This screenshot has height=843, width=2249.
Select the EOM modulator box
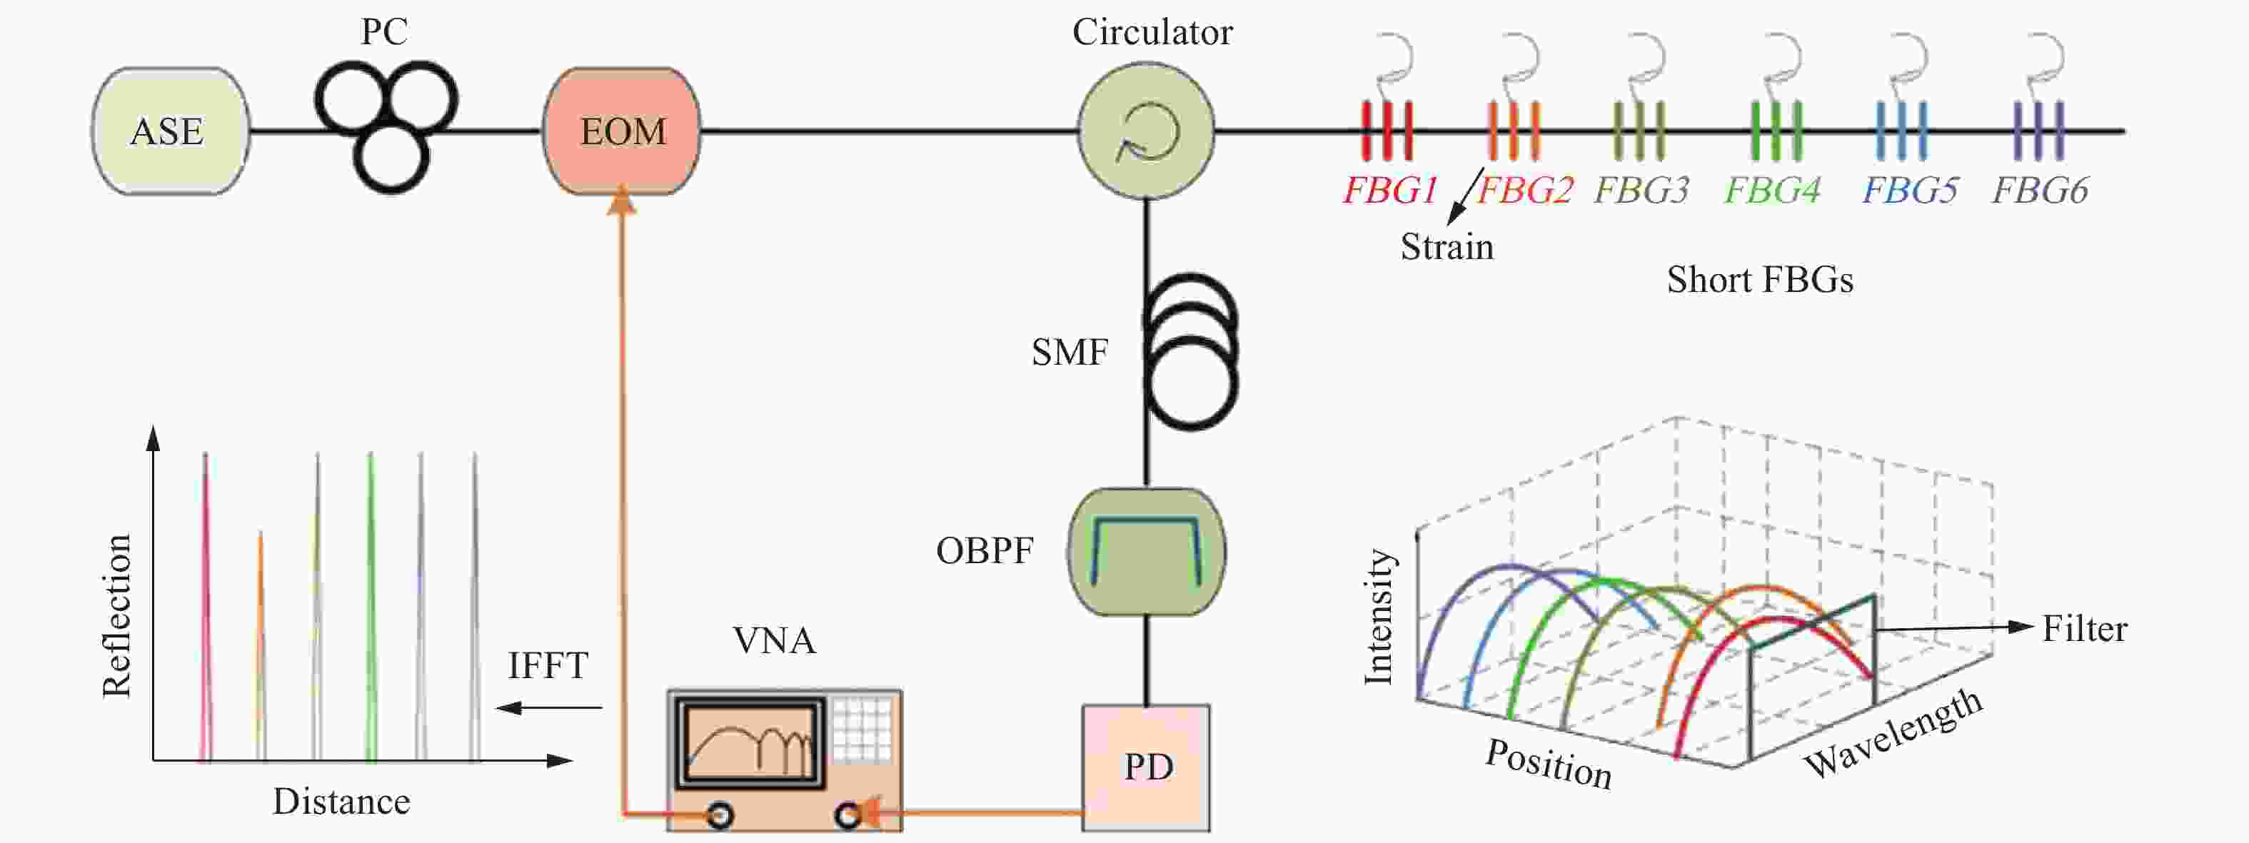pyautogui.click(x=622, y=131)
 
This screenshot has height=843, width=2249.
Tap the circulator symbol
pyautogui.click(x=1147, y=131)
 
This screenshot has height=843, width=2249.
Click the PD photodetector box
pyautogui.click(x=1147, y=768)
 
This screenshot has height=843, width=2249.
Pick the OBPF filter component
pyautogui.click(x=1147, y=552)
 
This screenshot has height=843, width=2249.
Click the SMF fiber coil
pyautogui.click(x=1191, y=352)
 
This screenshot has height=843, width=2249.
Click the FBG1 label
pyautogui.click(x=1390, y=189)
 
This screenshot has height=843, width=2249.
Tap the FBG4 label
pyautogui.click(x=1772, y=189)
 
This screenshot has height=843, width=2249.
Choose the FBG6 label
pyautogui.click(x=2041, y=189)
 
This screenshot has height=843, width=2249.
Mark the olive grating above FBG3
pyautogui.click(x=1638, y=131)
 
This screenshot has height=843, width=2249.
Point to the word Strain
pyautogui.click(x=1446, y=247)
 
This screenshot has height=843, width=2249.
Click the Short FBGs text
pyautogui.click(x=1759, y=280)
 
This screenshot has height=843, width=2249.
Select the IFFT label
pyautogui.click(x=548, y=666)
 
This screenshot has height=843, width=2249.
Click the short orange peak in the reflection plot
pyautogui.click(x=260, y=646)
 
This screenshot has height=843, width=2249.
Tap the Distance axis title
pyautogui.click(x=341, y=801)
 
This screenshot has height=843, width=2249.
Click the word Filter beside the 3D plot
pyautogui.click(x=2084, y=629)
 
